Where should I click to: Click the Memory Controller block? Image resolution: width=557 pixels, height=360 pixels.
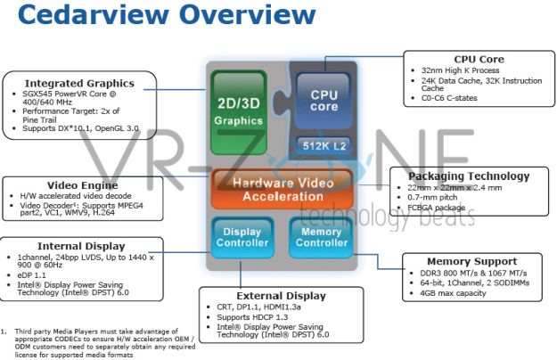point(321,237)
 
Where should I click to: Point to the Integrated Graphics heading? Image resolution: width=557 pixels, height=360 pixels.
point(78,83)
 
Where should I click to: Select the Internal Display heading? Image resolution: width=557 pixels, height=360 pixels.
point(78,245)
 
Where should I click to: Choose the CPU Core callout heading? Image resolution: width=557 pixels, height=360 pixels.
point(479,60)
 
